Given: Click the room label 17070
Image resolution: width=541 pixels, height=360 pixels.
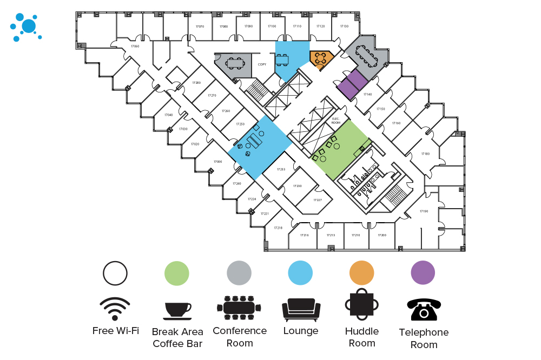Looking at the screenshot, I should tap(200, 26).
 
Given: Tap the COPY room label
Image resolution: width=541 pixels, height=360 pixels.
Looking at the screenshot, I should tap(262, 64).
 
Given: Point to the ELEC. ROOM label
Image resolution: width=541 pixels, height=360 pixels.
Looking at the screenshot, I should tap(335, 121).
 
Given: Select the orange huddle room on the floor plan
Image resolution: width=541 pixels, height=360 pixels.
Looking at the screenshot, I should tap(321, 58).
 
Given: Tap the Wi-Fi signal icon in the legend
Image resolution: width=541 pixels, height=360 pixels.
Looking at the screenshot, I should tap(115, 309).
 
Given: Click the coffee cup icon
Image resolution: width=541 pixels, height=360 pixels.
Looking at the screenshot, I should tap(177, 310).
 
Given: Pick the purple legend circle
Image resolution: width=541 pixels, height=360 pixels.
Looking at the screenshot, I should tap(423, 273).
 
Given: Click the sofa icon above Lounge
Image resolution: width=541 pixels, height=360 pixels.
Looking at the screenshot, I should tap(301, 310).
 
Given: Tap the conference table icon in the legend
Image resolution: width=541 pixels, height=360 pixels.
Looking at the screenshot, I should tap(239, 308).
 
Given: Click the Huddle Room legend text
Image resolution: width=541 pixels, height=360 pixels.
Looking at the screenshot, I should tap(362, 337).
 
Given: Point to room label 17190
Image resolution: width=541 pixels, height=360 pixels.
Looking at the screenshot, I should tap(424, 211).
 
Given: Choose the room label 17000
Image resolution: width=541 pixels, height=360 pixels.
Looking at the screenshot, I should tap(217, 162).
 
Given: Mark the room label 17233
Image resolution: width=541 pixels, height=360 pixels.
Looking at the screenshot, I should tap(281, 169).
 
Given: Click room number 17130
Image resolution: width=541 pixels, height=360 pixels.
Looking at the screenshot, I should tap(344, 26).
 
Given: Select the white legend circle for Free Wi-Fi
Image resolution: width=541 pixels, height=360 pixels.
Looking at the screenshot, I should tap(115, 273).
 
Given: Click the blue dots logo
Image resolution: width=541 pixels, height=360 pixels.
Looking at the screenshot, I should tap(25, 27).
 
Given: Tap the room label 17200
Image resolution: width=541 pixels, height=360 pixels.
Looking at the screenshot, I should tap(382, 235).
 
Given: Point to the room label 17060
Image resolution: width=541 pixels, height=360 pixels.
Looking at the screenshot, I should tap(135, 46).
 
